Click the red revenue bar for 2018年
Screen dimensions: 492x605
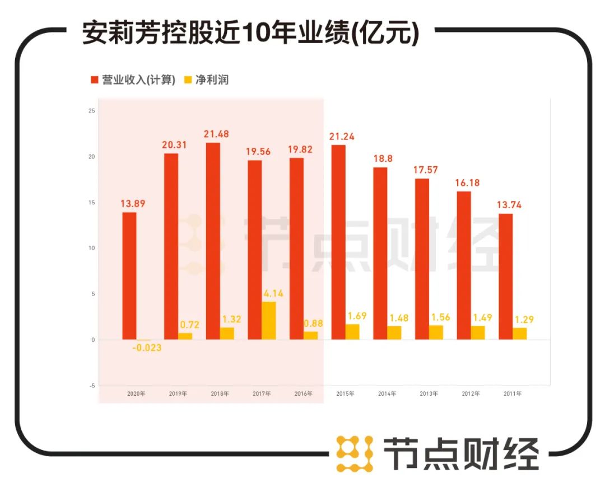point(213,241)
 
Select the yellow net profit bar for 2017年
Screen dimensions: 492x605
point(268,320)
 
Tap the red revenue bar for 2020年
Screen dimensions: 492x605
point(129,275)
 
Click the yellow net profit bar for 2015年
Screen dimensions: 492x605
point(352,331)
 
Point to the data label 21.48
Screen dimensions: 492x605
point(217,134)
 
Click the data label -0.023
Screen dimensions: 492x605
point(147,348)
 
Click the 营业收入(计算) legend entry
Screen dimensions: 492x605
point(133,80)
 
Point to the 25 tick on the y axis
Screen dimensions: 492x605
point(91,111)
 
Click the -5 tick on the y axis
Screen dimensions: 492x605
point(91,386)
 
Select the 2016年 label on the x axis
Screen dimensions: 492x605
point(304,394)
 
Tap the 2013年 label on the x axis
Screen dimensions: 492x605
point(429,394)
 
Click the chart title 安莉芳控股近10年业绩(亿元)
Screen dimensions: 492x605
point(250,34)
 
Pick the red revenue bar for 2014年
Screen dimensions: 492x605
point(380,253)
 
